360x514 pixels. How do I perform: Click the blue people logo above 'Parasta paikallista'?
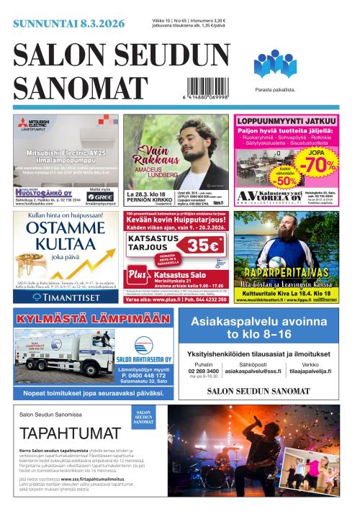coord(274,63)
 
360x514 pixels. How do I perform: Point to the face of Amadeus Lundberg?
coord(190,135)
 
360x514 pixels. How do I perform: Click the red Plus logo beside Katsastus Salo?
coord(137,274)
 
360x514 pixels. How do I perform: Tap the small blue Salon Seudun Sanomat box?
coord(143,418)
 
